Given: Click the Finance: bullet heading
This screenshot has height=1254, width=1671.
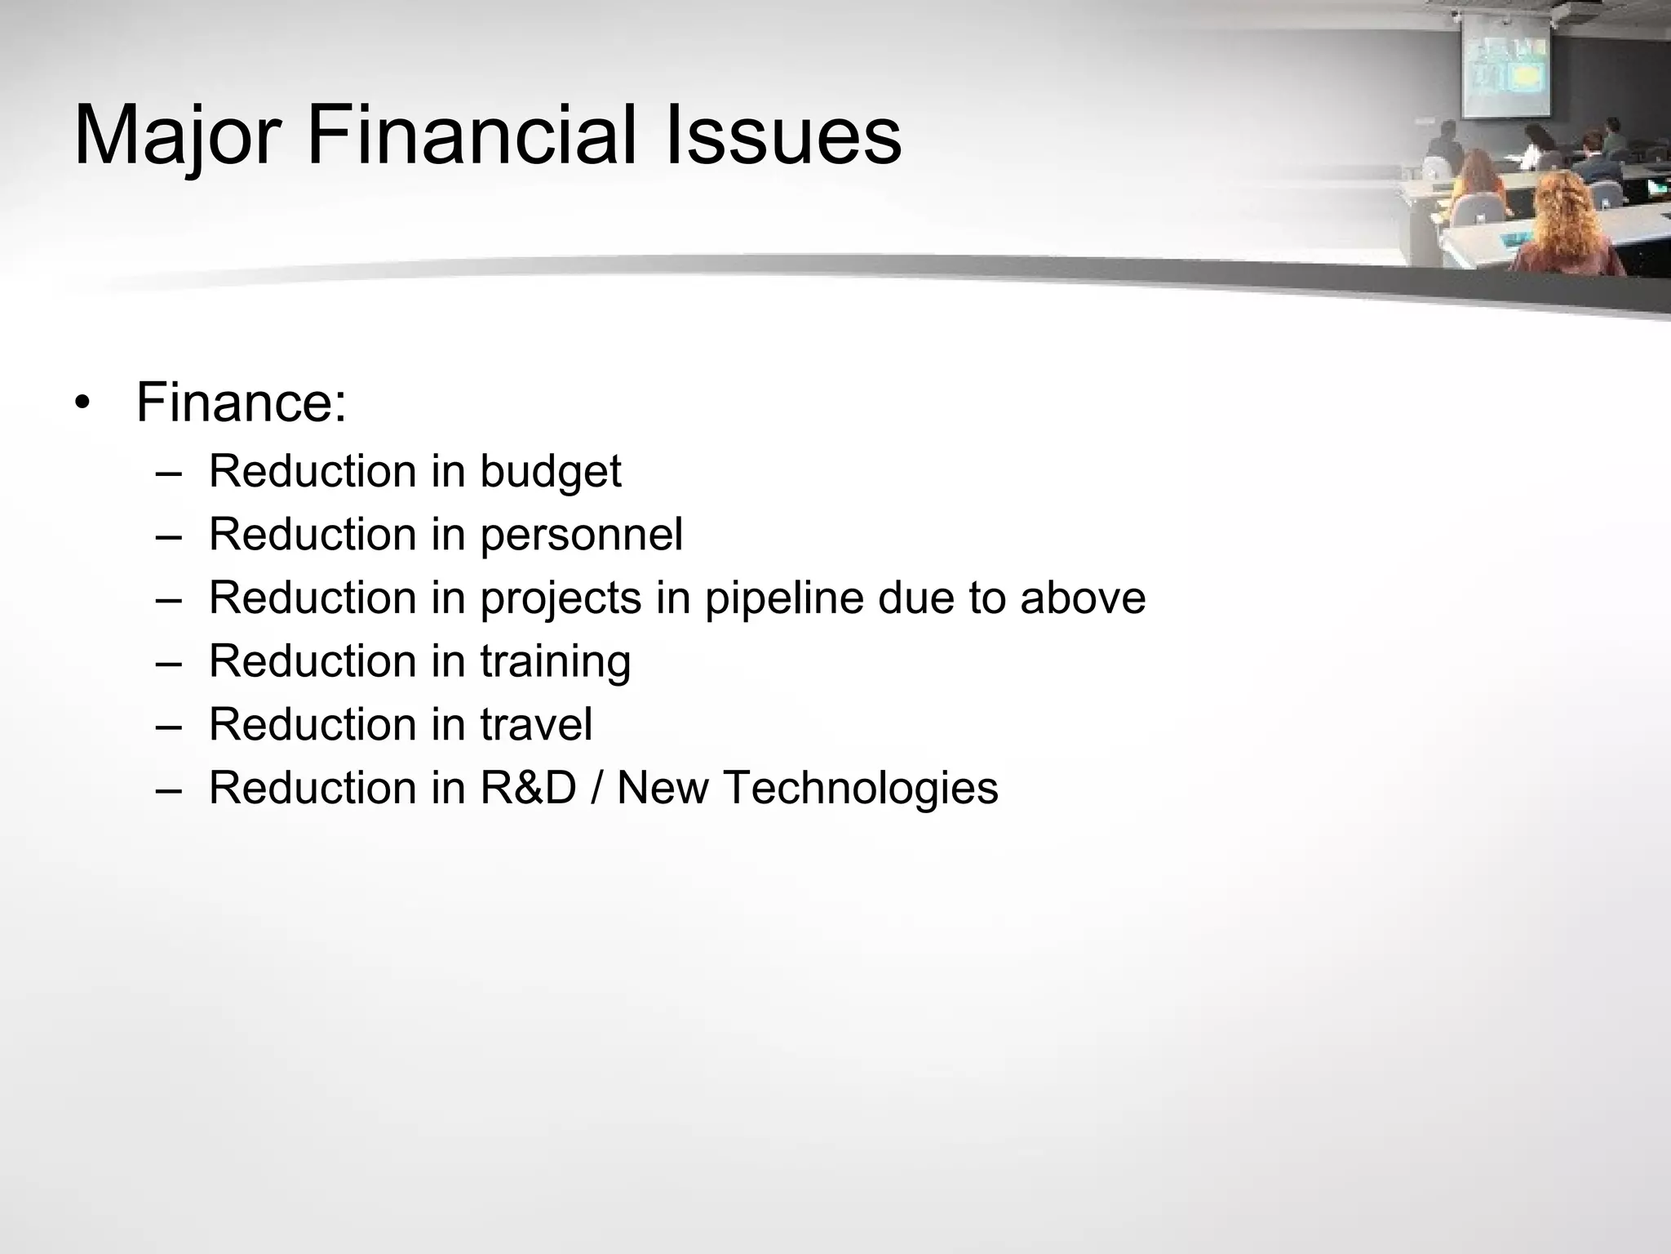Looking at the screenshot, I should (x=242, y=402).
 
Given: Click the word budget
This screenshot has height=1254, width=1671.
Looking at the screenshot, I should (x=550, y=472).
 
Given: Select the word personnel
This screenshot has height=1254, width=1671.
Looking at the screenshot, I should (x=581, y=536).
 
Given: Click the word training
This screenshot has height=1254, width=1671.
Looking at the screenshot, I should (x=555, y=661).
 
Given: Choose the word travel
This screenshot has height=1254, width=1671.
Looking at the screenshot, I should (x=536, y=724).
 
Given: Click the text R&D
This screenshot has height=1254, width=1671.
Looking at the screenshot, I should (x=528, y=788).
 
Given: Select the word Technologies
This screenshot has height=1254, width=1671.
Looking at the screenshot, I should (x=860, y=789).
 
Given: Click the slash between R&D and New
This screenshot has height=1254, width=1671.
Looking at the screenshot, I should (x=596, y=788).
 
